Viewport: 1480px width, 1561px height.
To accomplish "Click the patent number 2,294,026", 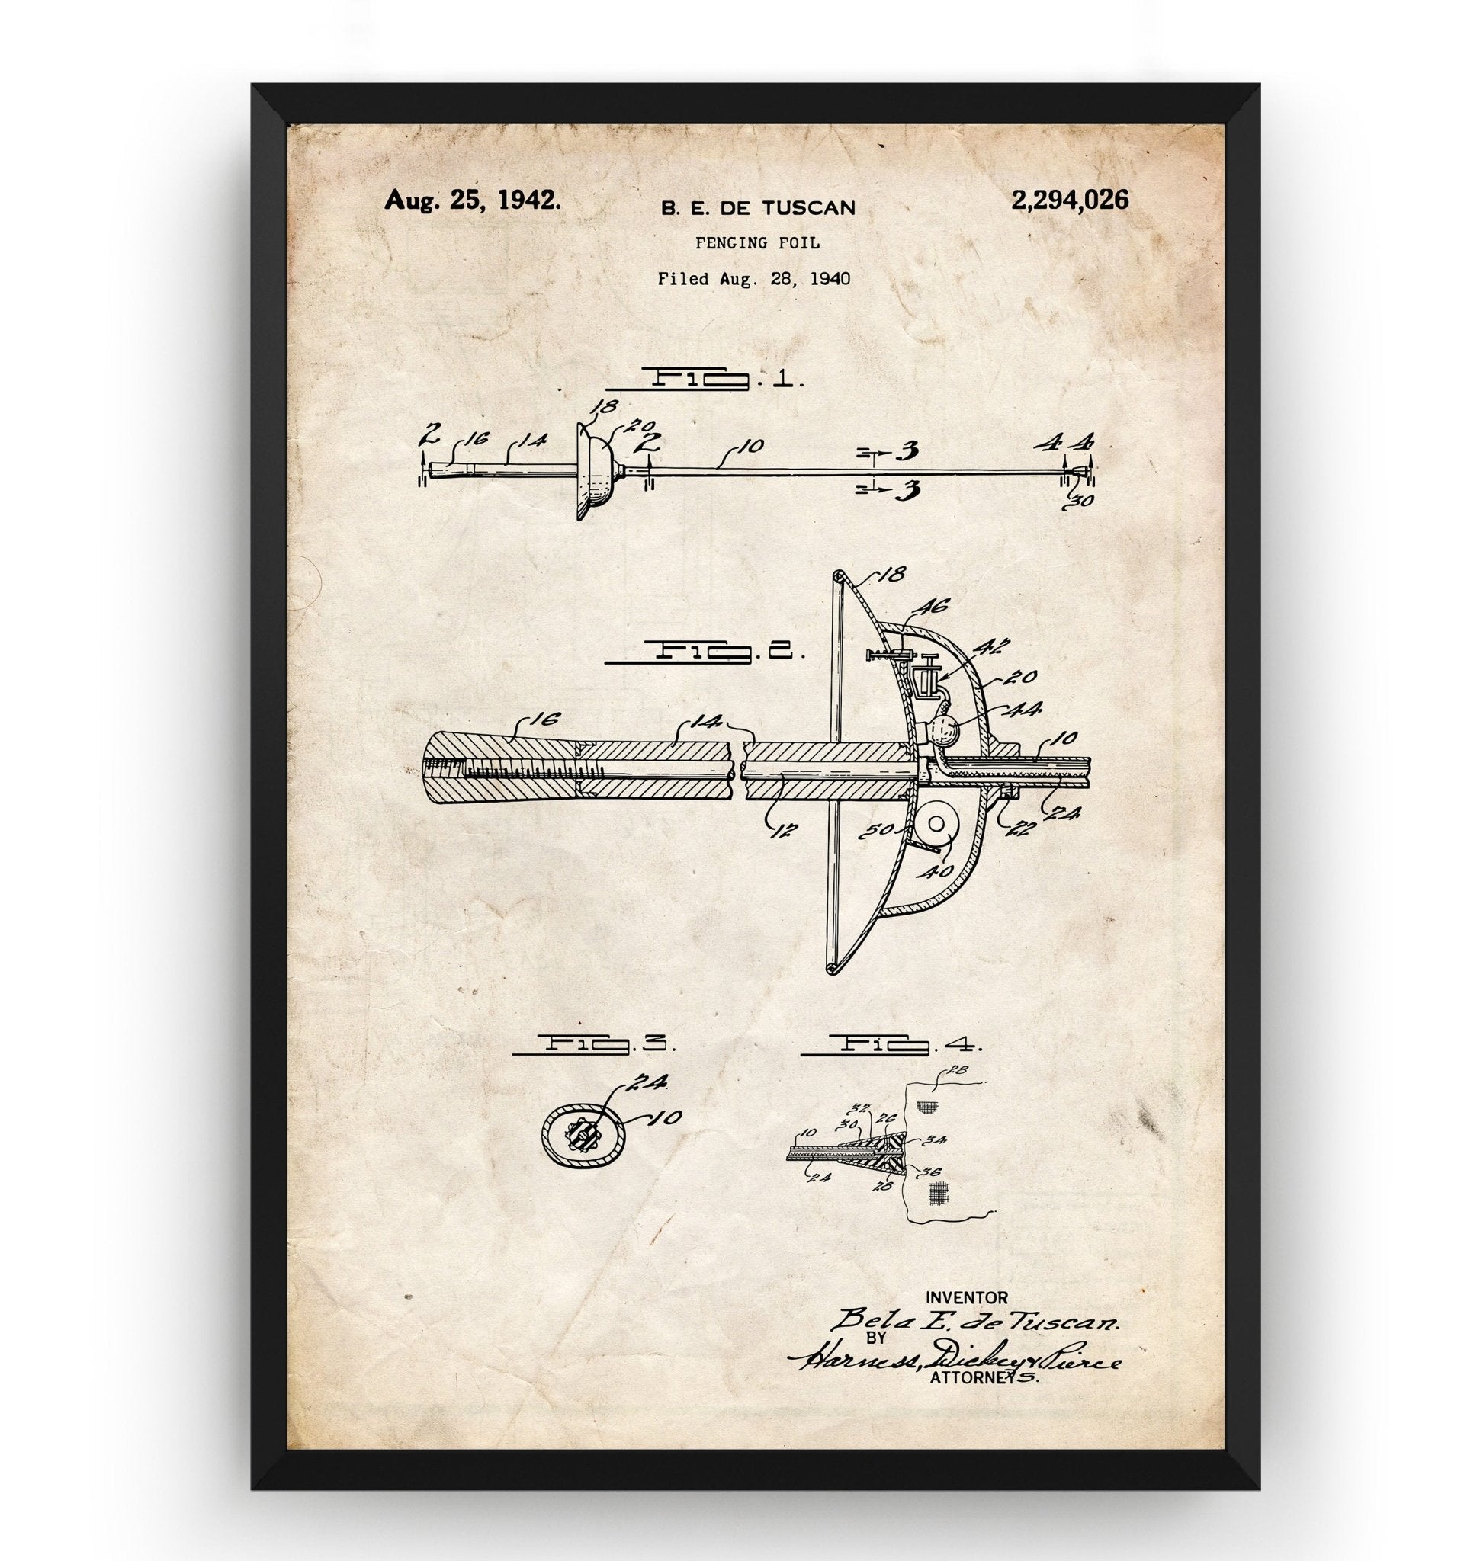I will pyautogui.click(x=1069, y=200).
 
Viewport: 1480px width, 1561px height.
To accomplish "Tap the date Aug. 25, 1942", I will pyautogui.click(x=474, y=200).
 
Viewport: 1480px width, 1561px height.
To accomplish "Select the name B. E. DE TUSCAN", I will pyautogui.click(x=757, y=208).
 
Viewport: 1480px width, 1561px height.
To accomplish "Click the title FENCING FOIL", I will pyautogui.click(x=757, y=244).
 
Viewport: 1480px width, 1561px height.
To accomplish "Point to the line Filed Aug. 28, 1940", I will pyautogui.click(x=754, y=278).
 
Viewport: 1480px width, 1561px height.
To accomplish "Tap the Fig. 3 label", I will pyautogui.click(x=593, y=1044).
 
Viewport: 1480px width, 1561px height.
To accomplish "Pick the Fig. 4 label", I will pyautogui.click(x=891, y=1046).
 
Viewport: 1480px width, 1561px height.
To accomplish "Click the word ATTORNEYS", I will pyautogui.click(x=984, y=1379).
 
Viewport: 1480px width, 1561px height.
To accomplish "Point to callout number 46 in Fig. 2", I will pyautogui.click(x=933, y=607).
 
